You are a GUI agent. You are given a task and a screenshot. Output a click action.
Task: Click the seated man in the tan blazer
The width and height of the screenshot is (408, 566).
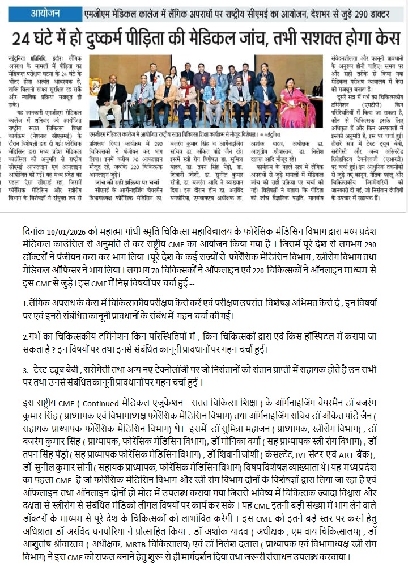coord(166,101)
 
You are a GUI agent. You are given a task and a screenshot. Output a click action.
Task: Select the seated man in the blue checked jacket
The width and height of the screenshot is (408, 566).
coord(214,101)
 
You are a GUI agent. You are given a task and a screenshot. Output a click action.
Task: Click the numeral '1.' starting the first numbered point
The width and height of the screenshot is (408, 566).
coord(25,302)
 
